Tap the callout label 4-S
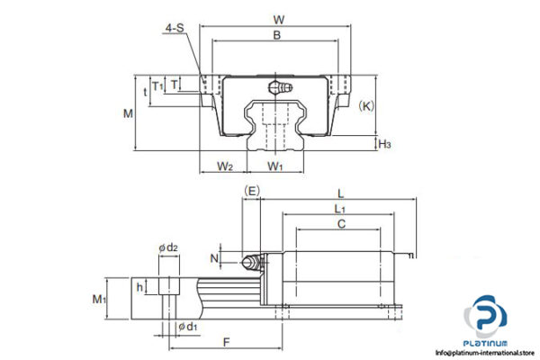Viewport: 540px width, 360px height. pyautogui.click(x=175, y=30)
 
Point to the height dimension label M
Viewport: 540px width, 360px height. pyautogui.click(x=128, y=113)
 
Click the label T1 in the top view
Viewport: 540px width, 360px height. pyautogui.click(x=158, y=86)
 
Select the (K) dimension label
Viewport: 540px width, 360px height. pyautogui.click(x=365, y=105)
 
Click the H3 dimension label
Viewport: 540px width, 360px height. pyautogui.click(x=384, y=143)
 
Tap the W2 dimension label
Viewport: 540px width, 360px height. pyautogui.click(x=225, y=166)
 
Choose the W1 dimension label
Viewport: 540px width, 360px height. pyautogui.click(x=275, y=166)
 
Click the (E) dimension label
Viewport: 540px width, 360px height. pyautogui.click(x=252, y=191)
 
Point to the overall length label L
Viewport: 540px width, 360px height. pyautogui.click(x=338, y=192)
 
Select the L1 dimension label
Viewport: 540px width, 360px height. pyautogui.click(x=338, y=209)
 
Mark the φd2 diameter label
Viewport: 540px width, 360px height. pyautogui.click(x=168, y=247)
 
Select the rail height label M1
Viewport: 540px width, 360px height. pyautogui.click(x=101, y=298)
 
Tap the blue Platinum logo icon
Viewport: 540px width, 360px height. pyautogui.click(x=485, y=320)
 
